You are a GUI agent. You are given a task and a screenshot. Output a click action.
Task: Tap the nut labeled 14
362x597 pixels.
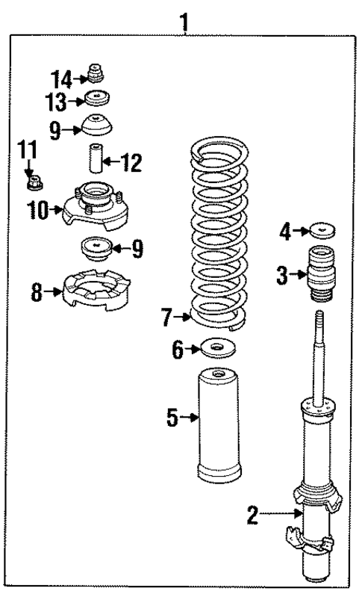point(95,73)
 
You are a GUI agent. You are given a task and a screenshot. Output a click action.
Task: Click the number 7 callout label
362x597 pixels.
point(166,317)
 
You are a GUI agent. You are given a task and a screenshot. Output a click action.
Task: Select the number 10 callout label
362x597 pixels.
point(37,210)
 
